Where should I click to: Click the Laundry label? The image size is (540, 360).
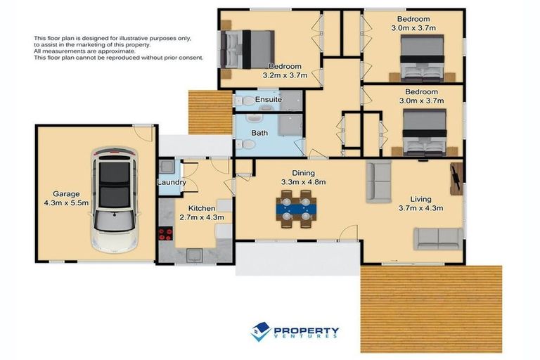[x=172, y=183]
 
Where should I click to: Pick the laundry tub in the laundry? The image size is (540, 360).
[x=166, y=167]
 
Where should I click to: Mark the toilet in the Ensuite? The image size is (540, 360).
[x=243, y=101]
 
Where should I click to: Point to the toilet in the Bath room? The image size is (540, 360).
[x=245, y=144]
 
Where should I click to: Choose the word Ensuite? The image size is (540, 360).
[x=269, y=100]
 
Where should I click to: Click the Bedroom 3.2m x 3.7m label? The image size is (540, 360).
[x=284, y=71]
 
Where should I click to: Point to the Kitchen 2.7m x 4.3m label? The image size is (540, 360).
[x=201, y=213]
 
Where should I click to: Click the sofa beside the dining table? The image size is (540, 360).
[x=378, y=181]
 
